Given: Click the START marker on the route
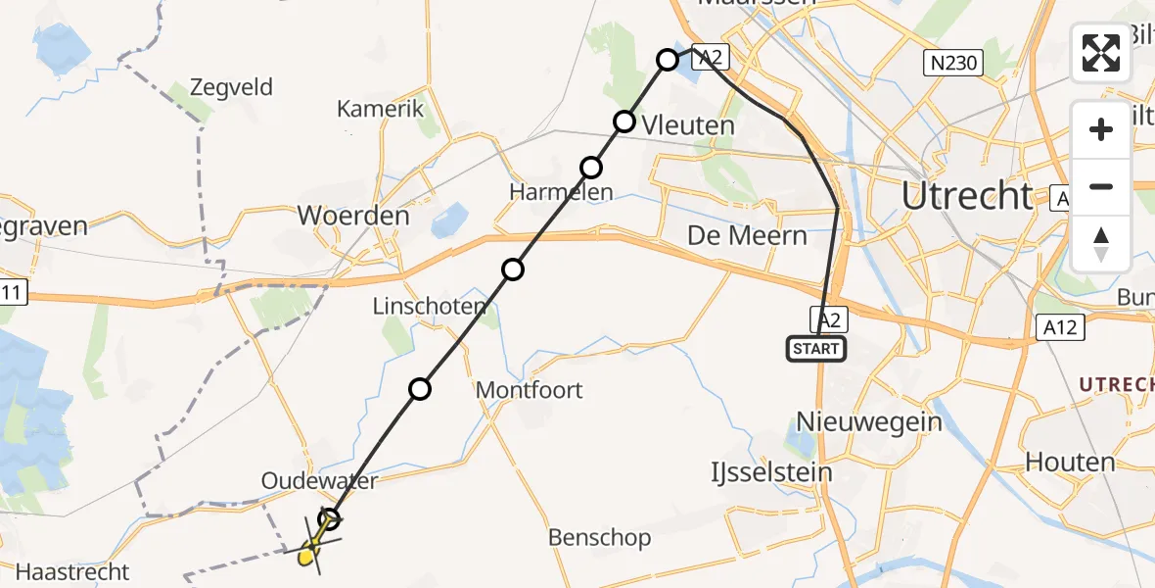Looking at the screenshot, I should click(x=815, y=348).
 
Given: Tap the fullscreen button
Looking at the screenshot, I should click(x=1101, y=52).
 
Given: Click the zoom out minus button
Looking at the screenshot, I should click(x=1101, y=186).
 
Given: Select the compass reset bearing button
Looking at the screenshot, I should click(x=1101, y=244).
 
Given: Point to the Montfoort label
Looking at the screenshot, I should click(x=529, y=390).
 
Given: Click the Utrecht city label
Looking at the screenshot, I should click(x=966, y=196).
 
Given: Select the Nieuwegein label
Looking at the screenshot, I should click(x=869, y=422).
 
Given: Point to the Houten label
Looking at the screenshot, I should click(x=1070, y=462).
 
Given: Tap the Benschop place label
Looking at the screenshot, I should click(x=600, y=537).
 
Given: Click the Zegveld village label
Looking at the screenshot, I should click(x=232, y=87).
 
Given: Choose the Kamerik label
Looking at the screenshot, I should click(x=381, y=109).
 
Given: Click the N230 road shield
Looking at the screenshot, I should click(x=952, y=65).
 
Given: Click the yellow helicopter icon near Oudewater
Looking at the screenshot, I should click(x=311, y=551).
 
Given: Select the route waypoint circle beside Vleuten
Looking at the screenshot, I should click(x=624, y=122).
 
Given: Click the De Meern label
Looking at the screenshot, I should click(x=747, y=236).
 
